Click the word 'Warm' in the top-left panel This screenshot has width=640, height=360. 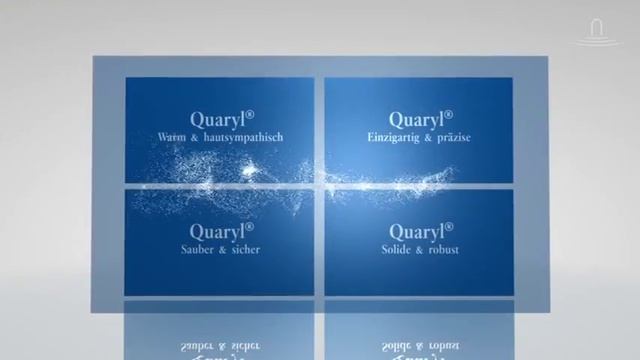[171, 136]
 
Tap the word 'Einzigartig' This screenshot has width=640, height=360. [395, 136]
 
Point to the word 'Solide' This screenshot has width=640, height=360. [398, 249]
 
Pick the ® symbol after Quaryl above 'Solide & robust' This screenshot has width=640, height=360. [450, 226]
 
